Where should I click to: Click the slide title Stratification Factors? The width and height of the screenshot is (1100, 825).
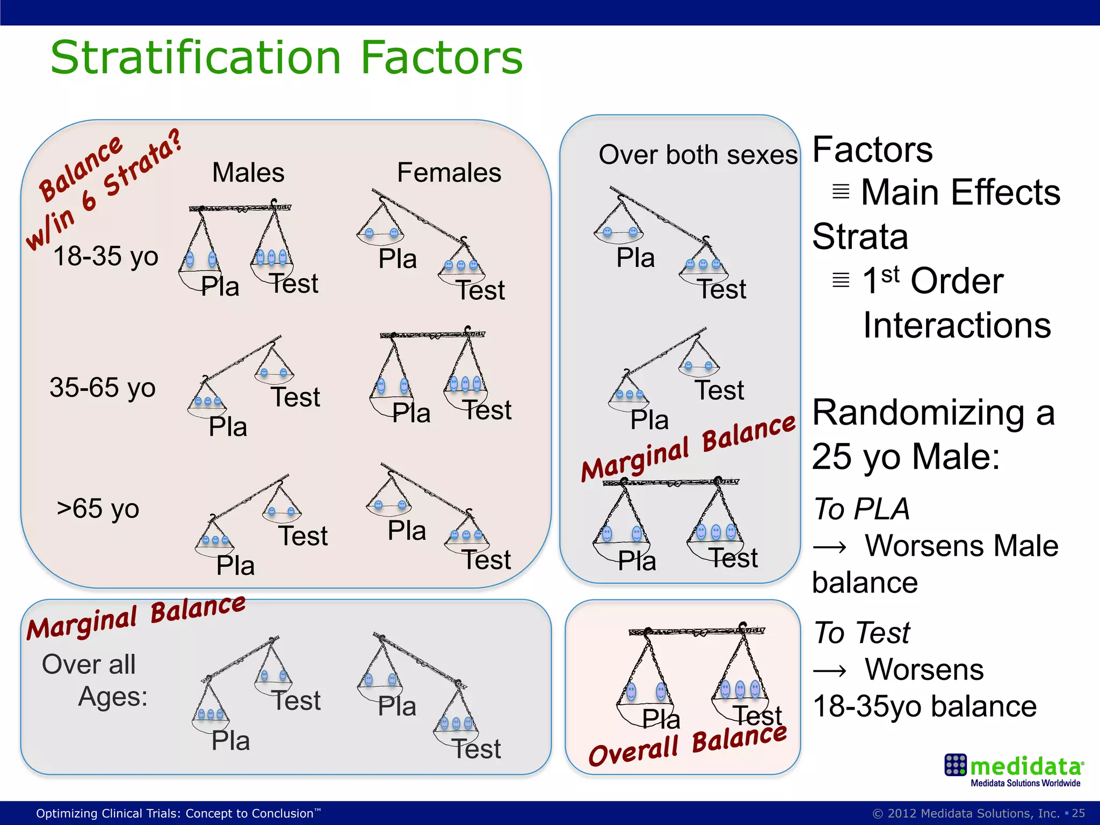click(286, 58)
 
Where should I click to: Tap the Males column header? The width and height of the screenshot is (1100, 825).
click(248, 173)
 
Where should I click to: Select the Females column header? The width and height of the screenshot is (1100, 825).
click(449, 173)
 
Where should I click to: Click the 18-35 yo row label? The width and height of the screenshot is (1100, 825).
click(106, 256)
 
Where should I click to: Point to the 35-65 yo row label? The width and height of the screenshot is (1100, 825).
click(103, 387)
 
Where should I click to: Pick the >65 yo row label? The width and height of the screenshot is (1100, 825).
click(98, 508)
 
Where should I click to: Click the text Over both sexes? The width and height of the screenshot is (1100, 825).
click(698, 155)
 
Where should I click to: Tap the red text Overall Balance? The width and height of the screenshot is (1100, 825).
click(687, 746)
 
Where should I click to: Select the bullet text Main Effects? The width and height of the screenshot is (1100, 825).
click(960, 192)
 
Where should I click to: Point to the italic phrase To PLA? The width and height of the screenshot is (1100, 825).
click(862, 509)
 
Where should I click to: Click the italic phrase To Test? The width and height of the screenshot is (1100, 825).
click(862, 632)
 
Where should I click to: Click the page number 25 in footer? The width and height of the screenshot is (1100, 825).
click(1079, 813)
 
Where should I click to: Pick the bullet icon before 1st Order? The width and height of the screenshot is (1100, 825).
click(841, 280)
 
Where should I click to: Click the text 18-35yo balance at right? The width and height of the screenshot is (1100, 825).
click(924, 706)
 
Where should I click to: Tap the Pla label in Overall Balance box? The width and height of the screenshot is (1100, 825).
click(661, 719)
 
